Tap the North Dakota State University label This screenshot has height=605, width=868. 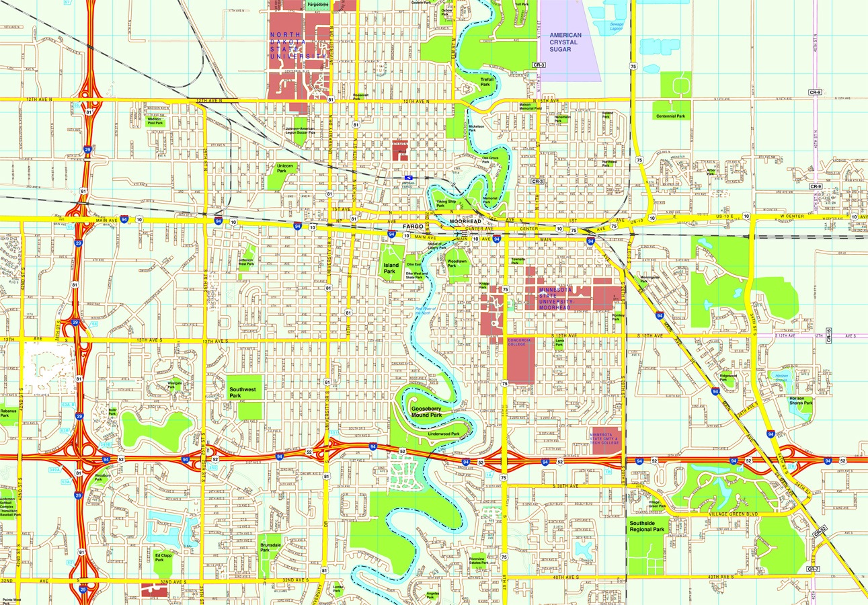click(x=292, y=46)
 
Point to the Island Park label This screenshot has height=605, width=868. click(x=391, y=268)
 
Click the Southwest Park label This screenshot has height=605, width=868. click(x=244, y=393)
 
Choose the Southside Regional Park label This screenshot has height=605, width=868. click(x=647, y=526)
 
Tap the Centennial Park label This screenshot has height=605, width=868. click(x=671, y=116)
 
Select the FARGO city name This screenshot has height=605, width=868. click(x=413, y=227)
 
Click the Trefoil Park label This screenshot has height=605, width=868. click(x=487, y=81)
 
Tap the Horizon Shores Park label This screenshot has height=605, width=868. click(x=801, y=401)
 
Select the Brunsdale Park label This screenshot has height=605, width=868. click(x=270, y=547)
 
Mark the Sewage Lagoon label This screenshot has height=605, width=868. click(x=617, y=26)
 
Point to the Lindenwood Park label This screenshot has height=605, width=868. click(x=444, y=434)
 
